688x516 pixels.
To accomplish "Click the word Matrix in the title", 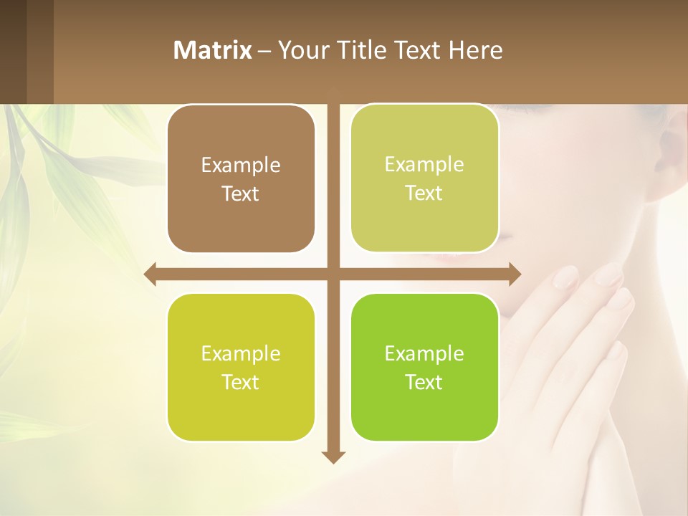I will [213, 50].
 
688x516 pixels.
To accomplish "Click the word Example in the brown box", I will [241, 165].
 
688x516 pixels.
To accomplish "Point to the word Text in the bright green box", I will [424, 382].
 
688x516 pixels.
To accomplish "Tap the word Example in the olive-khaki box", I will [424, 164].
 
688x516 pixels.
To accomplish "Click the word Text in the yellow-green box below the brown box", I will [241, 382].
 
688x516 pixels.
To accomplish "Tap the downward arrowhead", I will [333, 457].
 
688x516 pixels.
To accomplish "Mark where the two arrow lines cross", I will [333, 274].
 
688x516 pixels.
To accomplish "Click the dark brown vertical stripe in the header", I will [39, 52].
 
